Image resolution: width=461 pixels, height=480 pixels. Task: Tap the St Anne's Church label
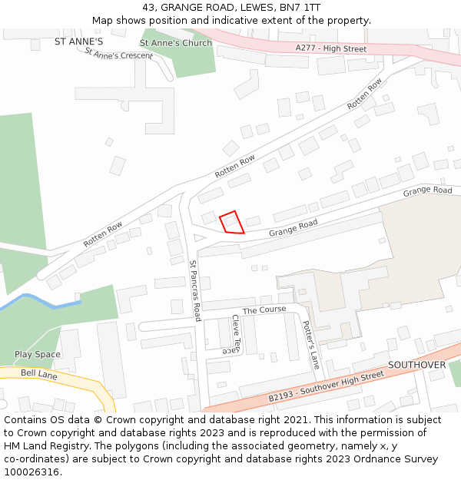click(x=176, y=43)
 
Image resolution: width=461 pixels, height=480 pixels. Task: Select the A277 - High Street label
click(x=331, y=48)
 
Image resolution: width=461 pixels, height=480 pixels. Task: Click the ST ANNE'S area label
click(x=78, y=41)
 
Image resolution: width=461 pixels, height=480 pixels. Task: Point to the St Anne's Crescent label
click(x=118, y=55)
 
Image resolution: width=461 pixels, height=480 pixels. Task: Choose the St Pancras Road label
click(x=195, y=290)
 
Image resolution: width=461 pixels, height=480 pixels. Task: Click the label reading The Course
click(x=264, y=310)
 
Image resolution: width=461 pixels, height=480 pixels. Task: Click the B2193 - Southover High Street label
click(x=326, y=386)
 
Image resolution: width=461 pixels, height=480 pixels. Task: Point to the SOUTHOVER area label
click(x=416, y=365)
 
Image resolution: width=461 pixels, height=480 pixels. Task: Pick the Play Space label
click(x=37, y=354)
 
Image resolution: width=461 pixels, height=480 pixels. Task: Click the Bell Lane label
click(x=38, y=372)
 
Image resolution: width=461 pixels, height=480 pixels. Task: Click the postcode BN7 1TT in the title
click(x=300, y=7)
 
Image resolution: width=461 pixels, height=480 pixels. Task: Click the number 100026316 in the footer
click(x=33, y=472)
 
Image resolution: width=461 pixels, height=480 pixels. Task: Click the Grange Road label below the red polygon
click(x=293, y=228)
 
